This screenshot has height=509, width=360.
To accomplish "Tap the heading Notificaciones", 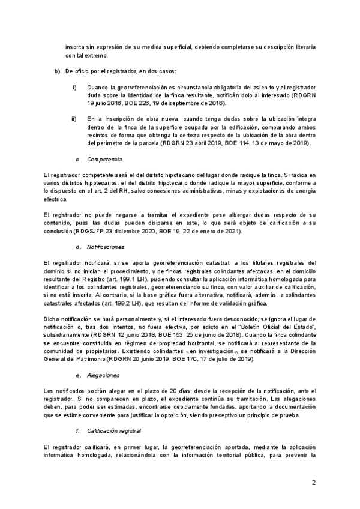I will [106, 247].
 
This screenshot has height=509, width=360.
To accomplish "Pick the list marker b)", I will [58, 71].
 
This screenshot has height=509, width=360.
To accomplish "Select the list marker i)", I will [74, 88].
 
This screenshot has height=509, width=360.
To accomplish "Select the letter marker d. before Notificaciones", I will [79, 247].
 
